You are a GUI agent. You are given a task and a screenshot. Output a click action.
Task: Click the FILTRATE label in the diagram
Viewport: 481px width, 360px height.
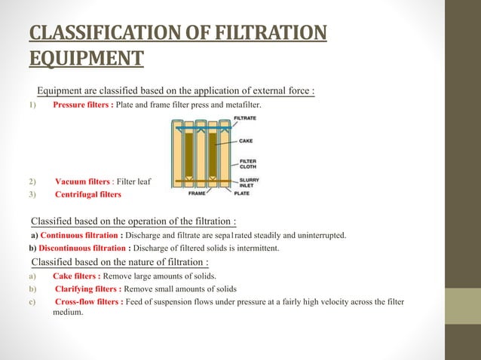coord(244,119)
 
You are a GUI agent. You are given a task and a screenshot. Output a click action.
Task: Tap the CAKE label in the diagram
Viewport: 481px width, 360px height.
coord(246,141)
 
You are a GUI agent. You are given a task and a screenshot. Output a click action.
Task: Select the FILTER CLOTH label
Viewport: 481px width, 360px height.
coord(247,163)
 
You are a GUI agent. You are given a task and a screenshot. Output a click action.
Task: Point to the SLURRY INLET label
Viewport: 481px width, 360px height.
coord(250,183)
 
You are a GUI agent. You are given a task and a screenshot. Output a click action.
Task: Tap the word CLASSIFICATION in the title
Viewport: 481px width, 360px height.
coord(112,35)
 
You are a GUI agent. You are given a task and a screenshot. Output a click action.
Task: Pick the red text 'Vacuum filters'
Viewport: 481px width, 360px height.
coord(83,182)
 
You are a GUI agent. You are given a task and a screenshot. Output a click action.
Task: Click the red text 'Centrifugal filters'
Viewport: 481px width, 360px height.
coord(88,195)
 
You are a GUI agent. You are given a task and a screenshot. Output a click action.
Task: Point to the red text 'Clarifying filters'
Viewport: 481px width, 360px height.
coord(87,289)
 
